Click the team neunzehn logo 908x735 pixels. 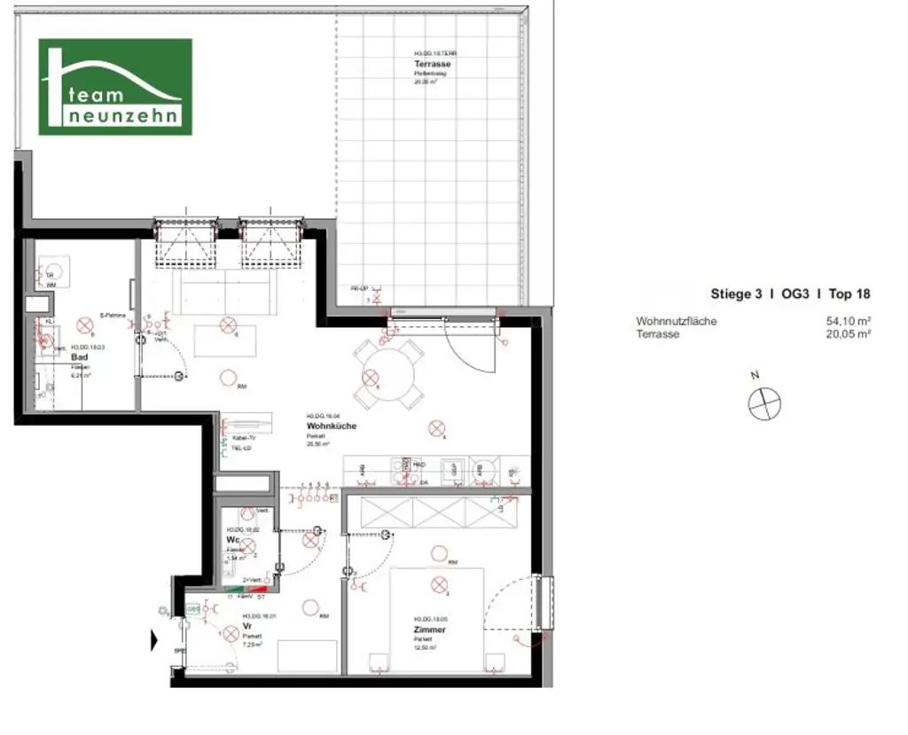tap(115, 87)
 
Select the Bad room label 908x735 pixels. tap(79, 358)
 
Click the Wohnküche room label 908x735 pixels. tap(331, 426)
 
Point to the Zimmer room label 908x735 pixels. tap(429, 629)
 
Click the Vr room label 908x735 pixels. tap(247, 625)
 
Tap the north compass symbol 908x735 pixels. tap(764, 404)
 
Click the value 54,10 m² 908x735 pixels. tap(848, 321)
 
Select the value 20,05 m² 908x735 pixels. tap(848, 334)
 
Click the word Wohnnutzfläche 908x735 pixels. tap(676, 321)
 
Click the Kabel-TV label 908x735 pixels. tap(244, 439)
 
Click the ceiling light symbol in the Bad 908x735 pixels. tap(85, 324)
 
